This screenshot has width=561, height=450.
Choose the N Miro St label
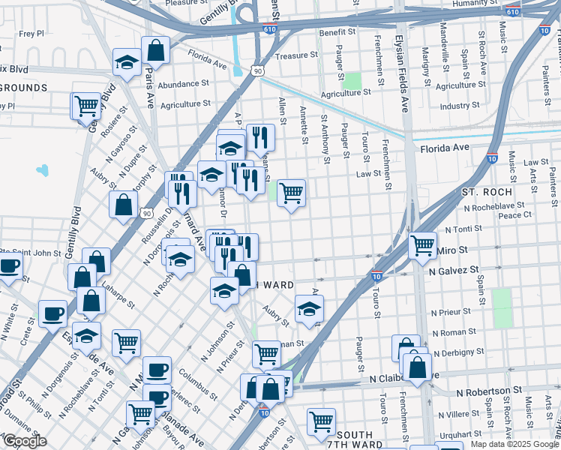pos(452,250)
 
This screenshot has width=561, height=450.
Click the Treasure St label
pos(292,55)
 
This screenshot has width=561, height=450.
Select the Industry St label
pos(460,106)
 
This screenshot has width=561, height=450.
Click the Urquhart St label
pos(456,434)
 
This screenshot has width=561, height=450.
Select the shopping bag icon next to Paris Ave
pos(156,51)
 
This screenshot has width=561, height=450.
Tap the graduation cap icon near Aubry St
pos(308,308)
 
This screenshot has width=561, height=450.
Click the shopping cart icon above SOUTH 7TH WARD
pos(322,421)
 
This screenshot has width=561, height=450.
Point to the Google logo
pos(25,442)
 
